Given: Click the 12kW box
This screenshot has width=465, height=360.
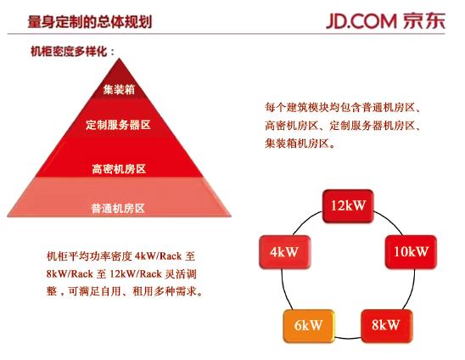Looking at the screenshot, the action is [348, 206].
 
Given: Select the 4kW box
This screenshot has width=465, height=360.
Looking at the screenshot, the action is [285, 252].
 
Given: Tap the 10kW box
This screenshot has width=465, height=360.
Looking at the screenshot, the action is [411, 252].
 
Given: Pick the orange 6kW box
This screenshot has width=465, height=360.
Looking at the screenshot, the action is [309, 326].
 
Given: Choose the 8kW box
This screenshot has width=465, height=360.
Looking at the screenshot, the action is [386, 325].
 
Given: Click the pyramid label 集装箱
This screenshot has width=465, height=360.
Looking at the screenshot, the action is [119, 89].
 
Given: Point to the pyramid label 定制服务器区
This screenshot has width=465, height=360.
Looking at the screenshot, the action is [118, 125].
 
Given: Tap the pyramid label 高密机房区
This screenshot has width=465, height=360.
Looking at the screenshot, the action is [119, 169].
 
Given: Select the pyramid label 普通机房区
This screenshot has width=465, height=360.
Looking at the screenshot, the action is [118, 208].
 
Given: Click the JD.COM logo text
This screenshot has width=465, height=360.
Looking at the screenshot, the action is [361, 21].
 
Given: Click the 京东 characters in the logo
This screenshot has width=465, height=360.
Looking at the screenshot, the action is [424, 21].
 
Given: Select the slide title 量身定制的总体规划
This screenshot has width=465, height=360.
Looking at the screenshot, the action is [90, 22].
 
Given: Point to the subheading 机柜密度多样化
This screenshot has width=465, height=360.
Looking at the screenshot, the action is [69, 51].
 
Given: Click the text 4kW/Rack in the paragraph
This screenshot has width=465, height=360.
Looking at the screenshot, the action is [158, 256].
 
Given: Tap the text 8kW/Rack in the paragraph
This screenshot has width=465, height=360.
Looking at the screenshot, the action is [70, 273].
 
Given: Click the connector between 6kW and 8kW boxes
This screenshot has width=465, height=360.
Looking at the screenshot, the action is [348, 338].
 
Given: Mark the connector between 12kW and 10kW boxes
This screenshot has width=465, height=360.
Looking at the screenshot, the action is [391, 220].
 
